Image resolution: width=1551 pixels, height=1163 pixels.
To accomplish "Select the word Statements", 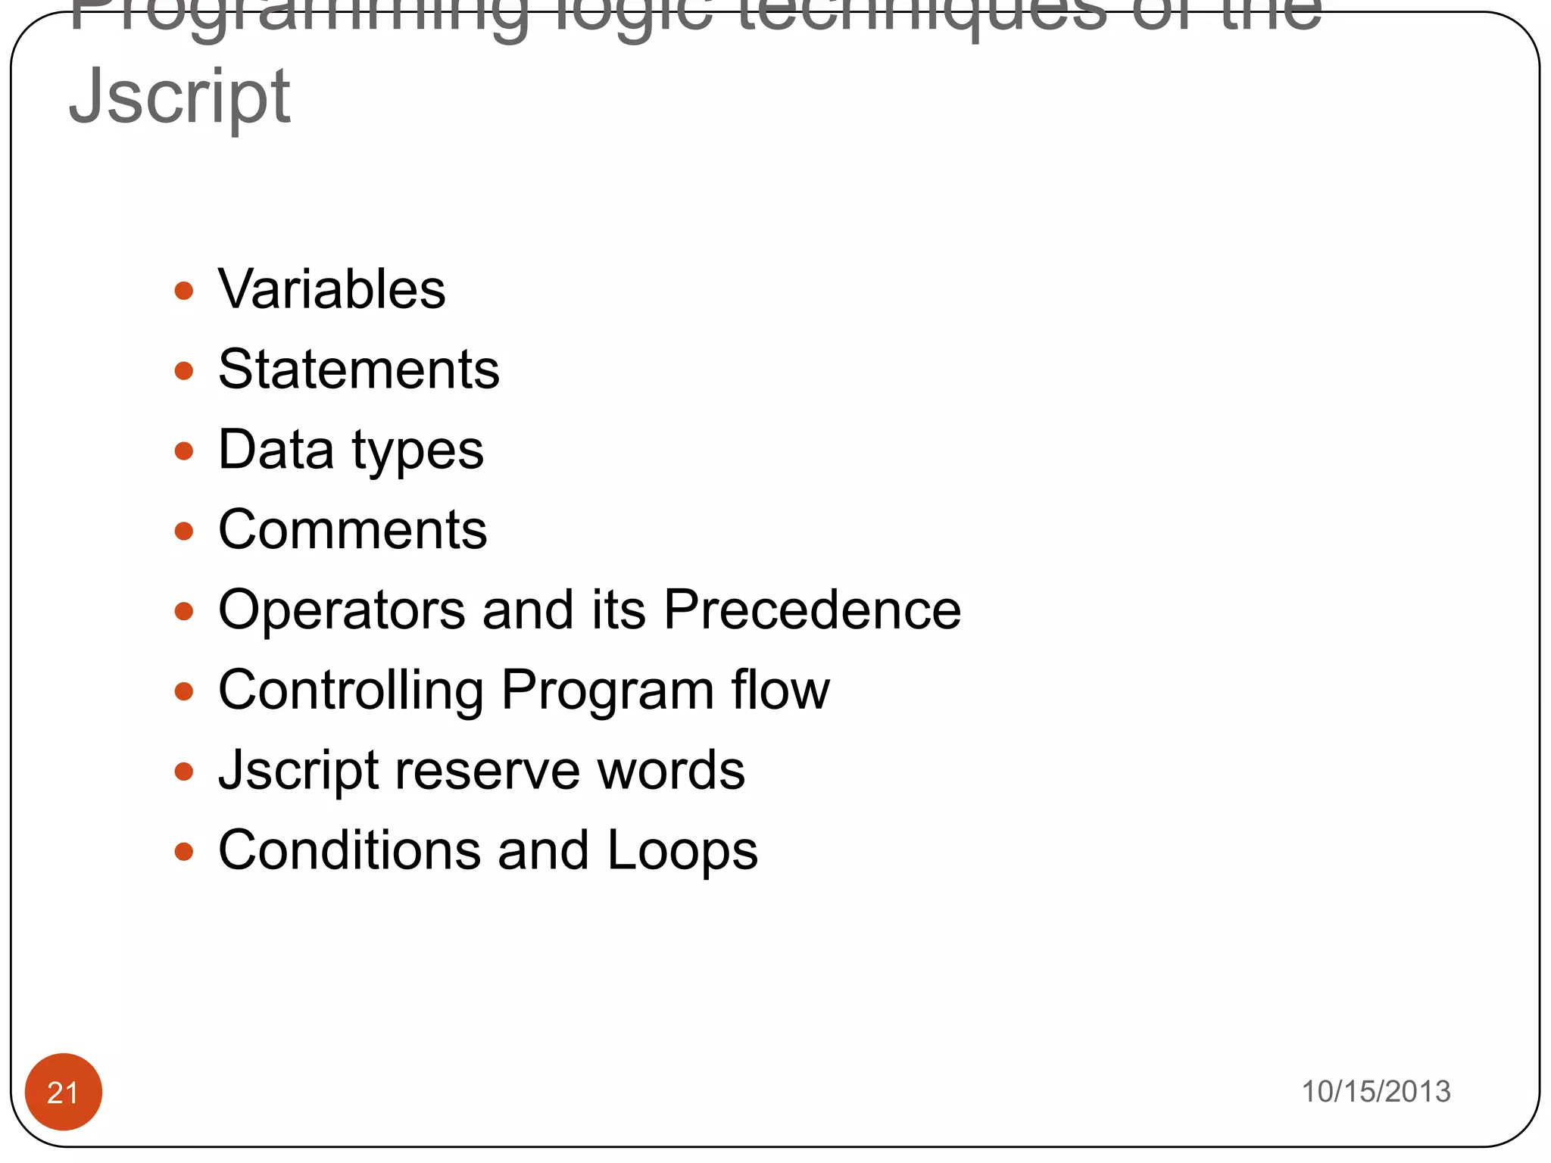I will [359, 369].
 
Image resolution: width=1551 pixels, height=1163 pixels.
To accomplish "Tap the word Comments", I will [353, 529].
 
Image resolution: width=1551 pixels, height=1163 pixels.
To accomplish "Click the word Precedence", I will [813, 610].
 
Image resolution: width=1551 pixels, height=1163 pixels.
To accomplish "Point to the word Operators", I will [342, 611].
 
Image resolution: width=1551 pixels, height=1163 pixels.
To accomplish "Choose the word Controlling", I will [351, 691].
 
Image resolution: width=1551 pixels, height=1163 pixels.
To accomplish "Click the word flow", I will [780, 690].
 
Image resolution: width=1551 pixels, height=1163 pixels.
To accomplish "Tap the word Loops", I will [682, 852].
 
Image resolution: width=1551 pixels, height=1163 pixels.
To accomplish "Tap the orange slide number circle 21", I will [63, 1091].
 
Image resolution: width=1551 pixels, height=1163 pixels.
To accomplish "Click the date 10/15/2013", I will [1375, 1091].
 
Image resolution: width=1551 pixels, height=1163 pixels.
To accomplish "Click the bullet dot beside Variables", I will [183, 291].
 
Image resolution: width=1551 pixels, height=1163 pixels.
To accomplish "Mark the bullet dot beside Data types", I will [183, 451].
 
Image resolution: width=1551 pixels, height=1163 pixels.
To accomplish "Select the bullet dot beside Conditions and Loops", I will [183, 852].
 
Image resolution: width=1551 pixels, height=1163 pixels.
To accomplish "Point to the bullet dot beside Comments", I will [183, 531].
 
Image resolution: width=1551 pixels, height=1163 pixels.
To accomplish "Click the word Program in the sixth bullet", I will [607, 691].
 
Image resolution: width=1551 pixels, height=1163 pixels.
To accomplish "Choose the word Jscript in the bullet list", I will [298, 771].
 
